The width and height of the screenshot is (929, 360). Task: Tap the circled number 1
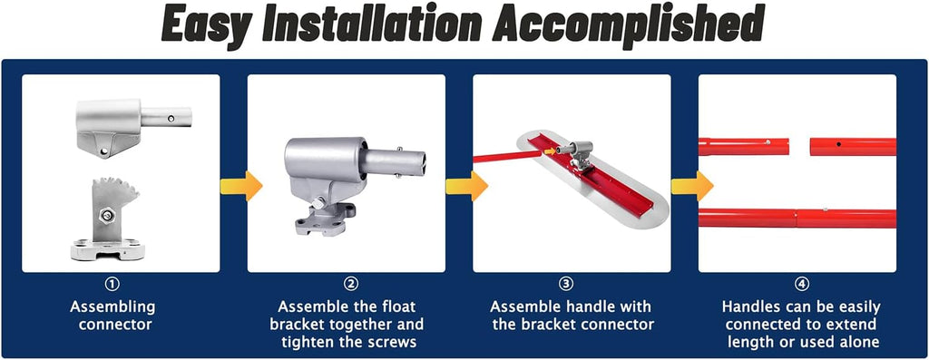112,285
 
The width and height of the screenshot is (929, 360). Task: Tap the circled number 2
351,285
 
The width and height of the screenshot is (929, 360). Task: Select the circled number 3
566,285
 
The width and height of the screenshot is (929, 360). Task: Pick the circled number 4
802,285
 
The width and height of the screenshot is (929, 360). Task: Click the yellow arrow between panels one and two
241,186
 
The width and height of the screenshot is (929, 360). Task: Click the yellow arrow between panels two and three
467,186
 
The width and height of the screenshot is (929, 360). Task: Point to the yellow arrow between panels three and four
692,186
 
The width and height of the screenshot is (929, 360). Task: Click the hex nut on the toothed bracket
107,215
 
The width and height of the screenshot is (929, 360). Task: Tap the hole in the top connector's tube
171,119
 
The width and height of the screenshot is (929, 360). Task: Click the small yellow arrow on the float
551,151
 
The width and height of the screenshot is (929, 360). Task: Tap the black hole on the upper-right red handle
839,144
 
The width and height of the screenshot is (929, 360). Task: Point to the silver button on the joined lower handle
826,209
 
